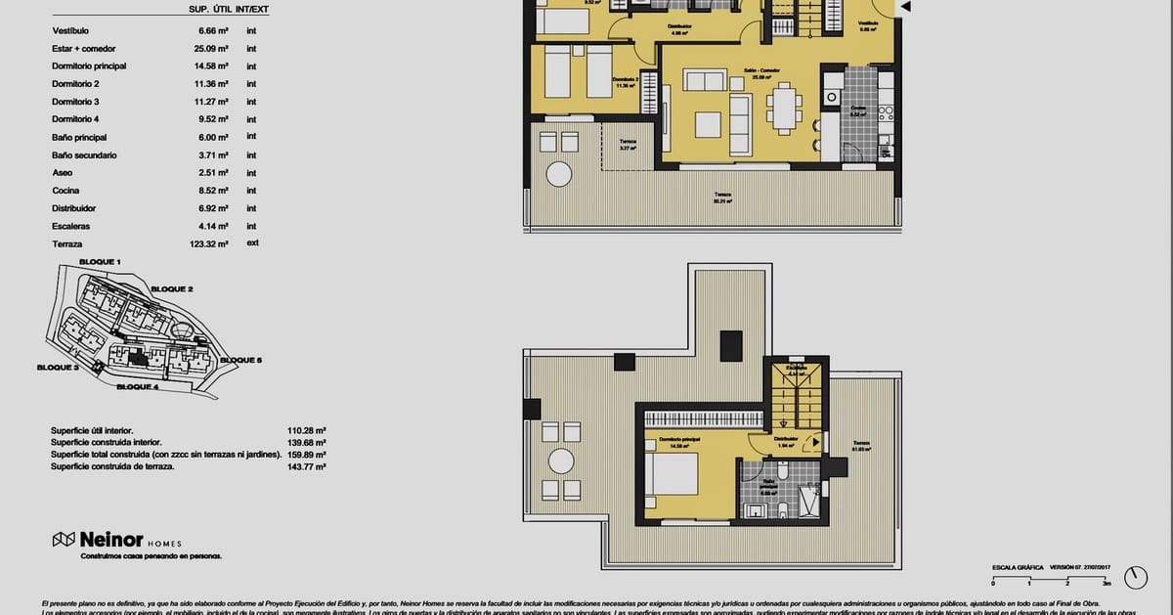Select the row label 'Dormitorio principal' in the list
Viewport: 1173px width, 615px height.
[x=89, y=66]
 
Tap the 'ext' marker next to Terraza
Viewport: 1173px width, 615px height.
[x=252, y=243]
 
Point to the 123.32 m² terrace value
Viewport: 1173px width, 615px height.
[x=208, y=244]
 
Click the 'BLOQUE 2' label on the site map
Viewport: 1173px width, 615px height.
[x=171, y=289]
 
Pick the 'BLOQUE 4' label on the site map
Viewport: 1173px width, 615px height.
[x=137, y=387]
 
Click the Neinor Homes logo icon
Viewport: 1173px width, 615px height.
[x=65, y=540]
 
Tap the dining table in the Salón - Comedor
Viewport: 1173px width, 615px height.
[x=784, y=108]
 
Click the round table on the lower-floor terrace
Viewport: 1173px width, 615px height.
[x=558, y=174]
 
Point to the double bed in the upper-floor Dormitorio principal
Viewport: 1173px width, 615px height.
[x=672, y=474]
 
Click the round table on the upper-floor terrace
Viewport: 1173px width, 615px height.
[x=561, y=461]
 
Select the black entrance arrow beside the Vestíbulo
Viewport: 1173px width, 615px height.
[x=906, y=8]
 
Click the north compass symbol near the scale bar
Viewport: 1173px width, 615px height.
[x=1135, y=577]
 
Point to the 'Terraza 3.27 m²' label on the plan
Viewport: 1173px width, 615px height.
[x=628, y=145]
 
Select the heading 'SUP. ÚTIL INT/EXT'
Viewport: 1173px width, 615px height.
[x=229, y=11]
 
